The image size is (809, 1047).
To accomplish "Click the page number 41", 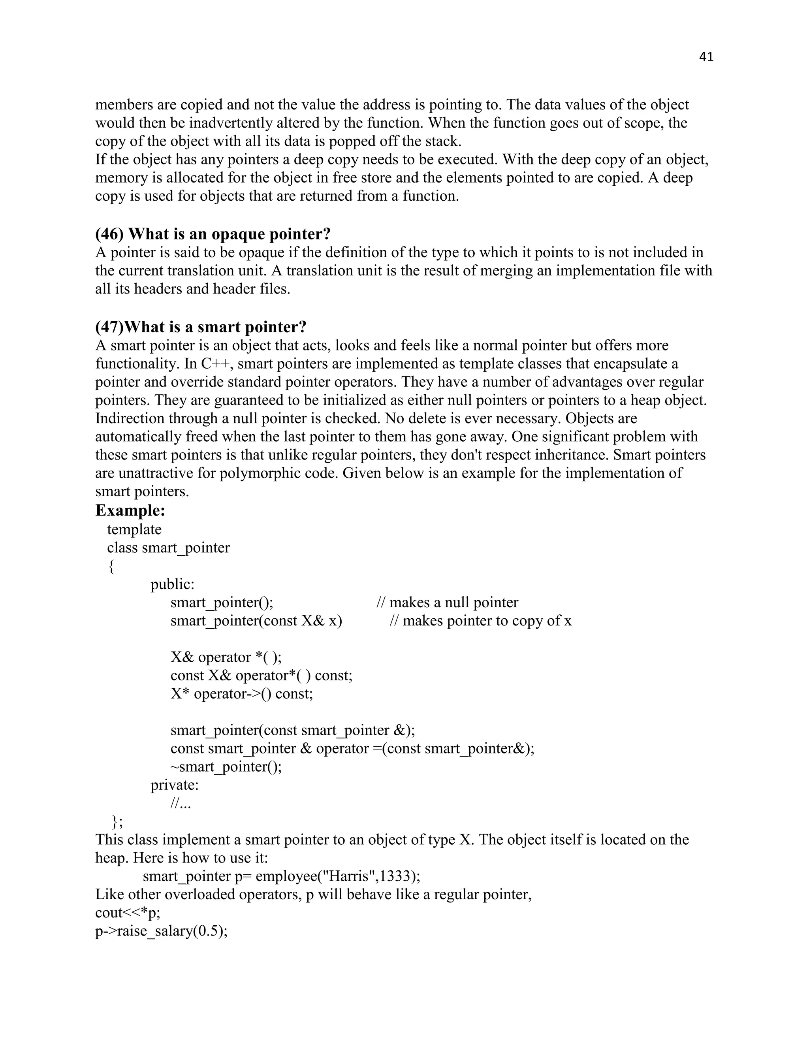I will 706,57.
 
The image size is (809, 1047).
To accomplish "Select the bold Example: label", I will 130,510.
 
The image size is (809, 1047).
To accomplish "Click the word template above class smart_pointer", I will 134,529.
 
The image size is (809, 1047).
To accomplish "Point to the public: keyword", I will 173,584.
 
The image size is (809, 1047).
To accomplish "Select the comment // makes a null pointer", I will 448,603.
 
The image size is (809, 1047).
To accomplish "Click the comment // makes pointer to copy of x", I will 481,621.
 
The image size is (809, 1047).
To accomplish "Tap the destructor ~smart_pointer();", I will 226,766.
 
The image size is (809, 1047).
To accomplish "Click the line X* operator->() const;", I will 241,694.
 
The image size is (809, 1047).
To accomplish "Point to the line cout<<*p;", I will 128,913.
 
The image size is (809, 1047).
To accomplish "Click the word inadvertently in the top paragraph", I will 231,123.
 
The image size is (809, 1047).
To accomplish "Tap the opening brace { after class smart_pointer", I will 111,566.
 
